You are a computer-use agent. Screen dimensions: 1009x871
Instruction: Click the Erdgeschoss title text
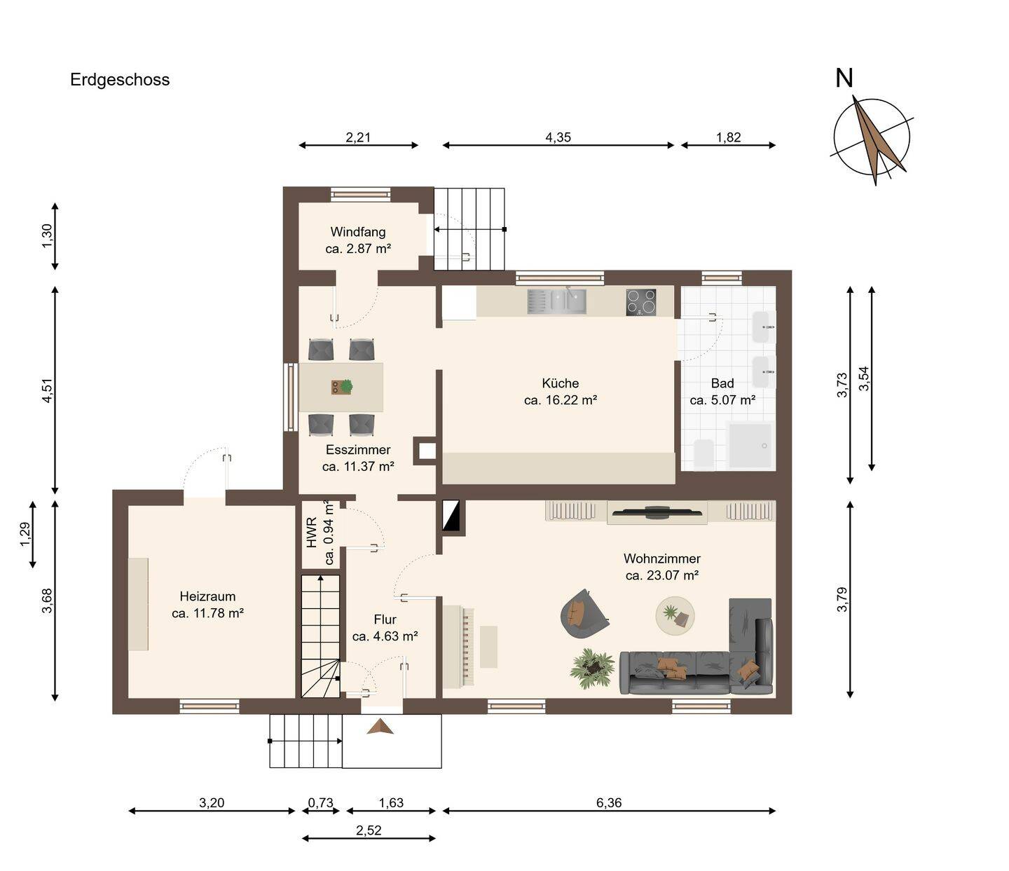point(120,80)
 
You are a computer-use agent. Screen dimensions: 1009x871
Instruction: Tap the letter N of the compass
point(844,78)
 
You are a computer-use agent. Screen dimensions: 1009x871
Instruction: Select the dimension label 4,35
point(558,137)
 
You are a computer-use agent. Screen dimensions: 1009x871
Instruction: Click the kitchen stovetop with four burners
point(641,302)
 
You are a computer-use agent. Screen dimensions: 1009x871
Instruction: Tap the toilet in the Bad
point(703,453)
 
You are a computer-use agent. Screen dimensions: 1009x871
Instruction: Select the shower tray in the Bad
point(750,445)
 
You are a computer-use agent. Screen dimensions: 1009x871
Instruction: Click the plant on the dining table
point(345,385)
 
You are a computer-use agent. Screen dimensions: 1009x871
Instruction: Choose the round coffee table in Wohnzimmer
point(675,615)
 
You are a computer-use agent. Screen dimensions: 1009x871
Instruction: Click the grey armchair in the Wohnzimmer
point(584,613)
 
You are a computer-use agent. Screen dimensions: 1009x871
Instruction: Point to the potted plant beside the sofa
point(592,669)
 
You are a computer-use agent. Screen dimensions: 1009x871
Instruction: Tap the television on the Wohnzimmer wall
point(657,512)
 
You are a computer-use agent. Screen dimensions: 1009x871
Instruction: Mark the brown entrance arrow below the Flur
point(380,727)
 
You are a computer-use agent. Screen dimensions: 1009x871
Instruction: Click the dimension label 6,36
point(609,802)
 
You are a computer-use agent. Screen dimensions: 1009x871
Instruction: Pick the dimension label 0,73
point(320,802)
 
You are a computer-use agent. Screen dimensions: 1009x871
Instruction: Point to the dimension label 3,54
point(864,378)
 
